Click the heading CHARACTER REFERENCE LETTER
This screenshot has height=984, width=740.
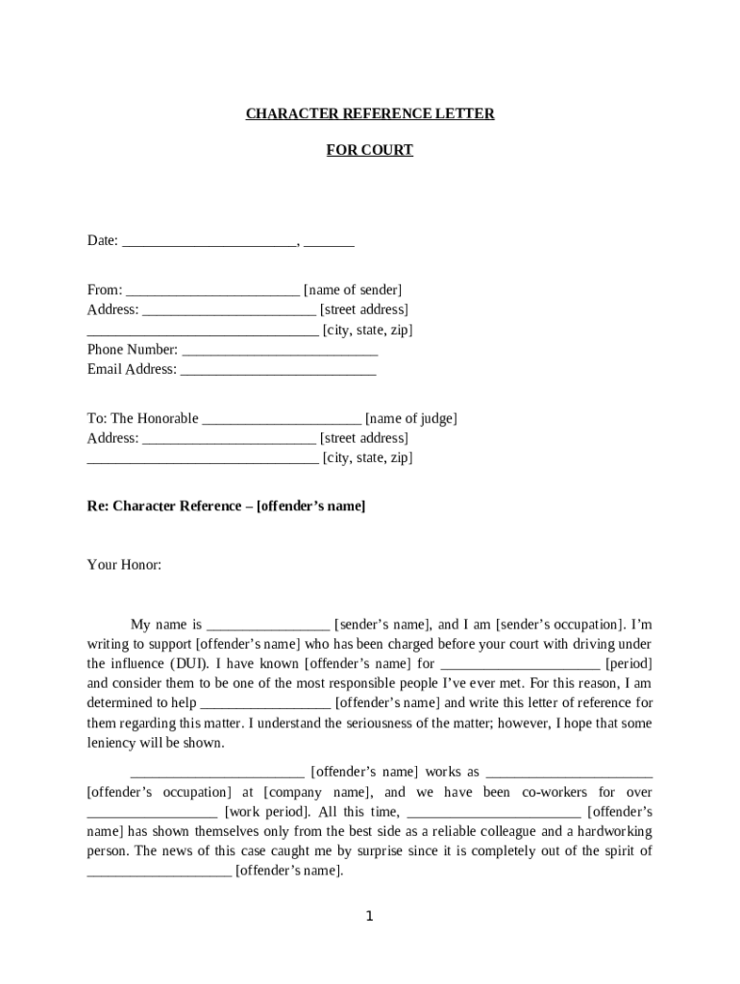pos(370,114)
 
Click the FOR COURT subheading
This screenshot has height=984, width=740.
pos(370,150)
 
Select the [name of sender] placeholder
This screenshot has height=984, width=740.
pos(353,290)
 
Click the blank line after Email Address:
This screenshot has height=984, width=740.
pos(278,370)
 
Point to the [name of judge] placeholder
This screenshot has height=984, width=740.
pos(411,419)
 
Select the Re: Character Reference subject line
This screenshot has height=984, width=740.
pos(226,505)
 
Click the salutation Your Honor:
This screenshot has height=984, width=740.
pos(125,565)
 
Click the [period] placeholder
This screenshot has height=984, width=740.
pos(629,664)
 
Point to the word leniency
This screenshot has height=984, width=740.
pos(112,743)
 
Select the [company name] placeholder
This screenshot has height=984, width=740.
pos(316,793)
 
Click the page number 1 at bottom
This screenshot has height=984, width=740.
pos(369,917)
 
